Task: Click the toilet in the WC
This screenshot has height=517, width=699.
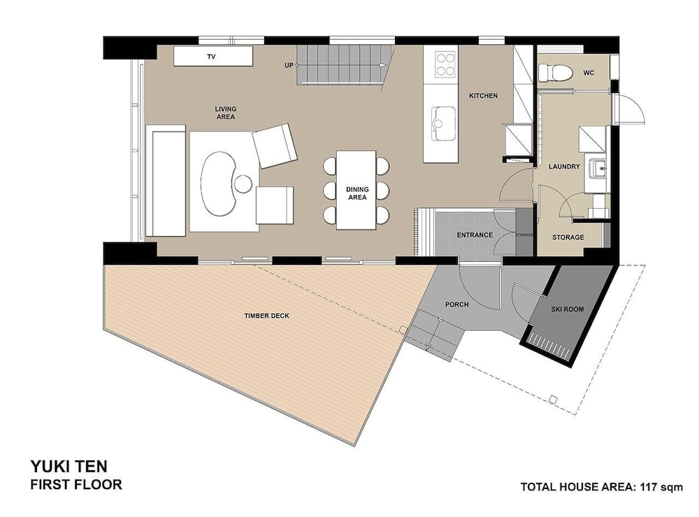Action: point(554,73)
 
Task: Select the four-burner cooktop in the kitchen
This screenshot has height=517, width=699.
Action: point(445,64)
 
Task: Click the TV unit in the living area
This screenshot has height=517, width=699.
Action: point(213,56)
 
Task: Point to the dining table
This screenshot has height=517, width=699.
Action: point(356,190)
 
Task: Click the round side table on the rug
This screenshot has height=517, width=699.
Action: point(243,184)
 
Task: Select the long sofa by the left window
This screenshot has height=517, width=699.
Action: point(166,180)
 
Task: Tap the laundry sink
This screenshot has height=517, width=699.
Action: point(598,168)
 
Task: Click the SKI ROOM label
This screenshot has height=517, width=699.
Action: point(567,309)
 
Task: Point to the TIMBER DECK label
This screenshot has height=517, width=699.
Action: point(266,316)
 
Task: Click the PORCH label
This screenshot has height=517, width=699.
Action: point(456,305)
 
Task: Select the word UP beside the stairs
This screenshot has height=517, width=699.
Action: point(289,65)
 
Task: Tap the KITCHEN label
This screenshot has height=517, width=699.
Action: point(483,96)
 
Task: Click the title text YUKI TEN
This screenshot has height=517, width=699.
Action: point(69,467)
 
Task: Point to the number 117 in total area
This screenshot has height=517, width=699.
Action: point(649,487)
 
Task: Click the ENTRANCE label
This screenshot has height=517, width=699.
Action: point(475,235)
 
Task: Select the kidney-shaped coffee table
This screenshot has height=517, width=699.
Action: point(218,184)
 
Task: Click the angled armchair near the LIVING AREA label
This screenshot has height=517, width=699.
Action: point(275,146)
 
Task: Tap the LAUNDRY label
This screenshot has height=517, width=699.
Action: point(564,166)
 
